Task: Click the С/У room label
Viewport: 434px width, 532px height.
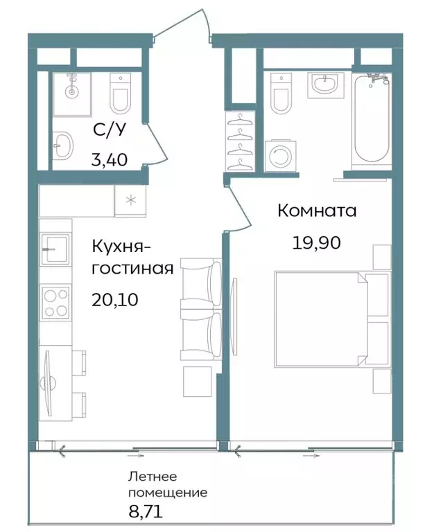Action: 109,131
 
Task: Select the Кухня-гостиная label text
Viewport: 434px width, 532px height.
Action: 132,256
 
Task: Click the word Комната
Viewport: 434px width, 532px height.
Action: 317,211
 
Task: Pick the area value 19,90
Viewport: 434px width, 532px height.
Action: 317,242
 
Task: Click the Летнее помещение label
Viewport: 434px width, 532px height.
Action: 167,485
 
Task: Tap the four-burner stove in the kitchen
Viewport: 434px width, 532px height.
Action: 55,303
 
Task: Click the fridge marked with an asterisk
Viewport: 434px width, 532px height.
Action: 130,201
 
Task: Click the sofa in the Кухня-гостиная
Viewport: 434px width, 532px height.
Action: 202,309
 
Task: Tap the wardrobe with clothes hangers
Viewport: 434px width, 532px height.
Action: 241,142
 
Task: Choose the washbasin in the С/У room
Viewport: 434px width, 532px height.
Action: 63,145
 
